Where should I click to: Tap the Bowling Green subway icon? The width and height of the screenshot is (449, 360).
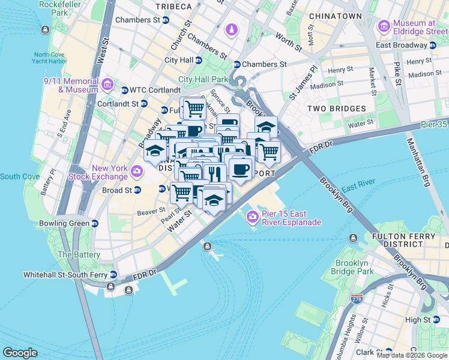(95, 224)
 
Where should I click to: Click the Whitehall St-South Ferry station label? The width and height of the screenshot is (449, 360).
(65, 275)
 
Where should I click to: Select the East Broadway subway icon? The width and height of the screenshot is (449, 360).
(432, 45)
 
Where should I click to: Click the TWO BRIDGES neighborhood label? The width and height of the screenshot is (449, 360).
(336, 109)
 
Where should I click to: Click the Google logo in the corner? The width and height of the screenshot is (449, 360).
(20, 353)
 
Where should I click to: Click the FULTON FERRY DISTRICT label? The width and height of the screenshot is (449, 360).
(403, 240)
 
